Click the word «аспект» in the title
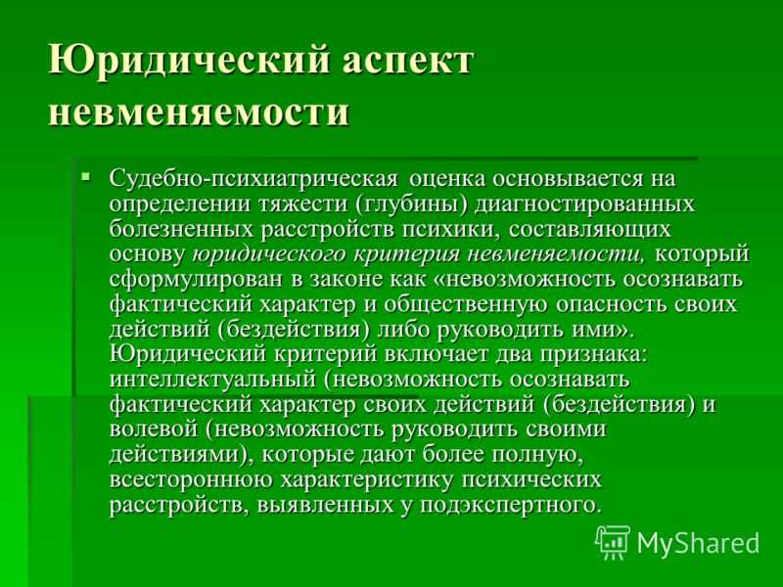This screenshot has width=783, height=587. pos(406,61)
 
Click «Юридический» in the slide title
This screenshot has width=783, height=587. pos(190,60)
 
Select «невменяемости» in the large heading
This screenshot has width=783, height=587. pos(199,110)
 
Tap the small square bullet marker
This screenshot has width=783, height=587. pos(86,176)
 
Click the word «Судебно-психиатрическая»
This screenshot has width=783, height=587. pos(253,179)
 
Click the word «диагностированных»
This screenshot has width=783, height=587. pos(584,204)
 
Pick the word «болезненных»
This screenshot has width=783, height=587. pos(181,230)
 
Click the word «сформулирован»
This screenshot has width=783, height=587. pos(196,280)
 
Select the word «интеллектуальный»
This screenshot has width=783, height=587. pos(212,380)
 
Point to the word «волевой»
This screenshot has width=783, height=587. pos(153,429)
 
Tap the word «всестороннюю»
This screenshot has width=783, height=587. pos(191,479)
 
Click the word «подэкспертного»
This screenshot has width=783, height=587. pos(510,505)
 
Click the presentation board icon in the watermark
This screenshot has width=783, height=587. pos(613,543)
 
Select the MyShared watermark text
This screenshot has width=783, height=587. pos(698,543)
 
